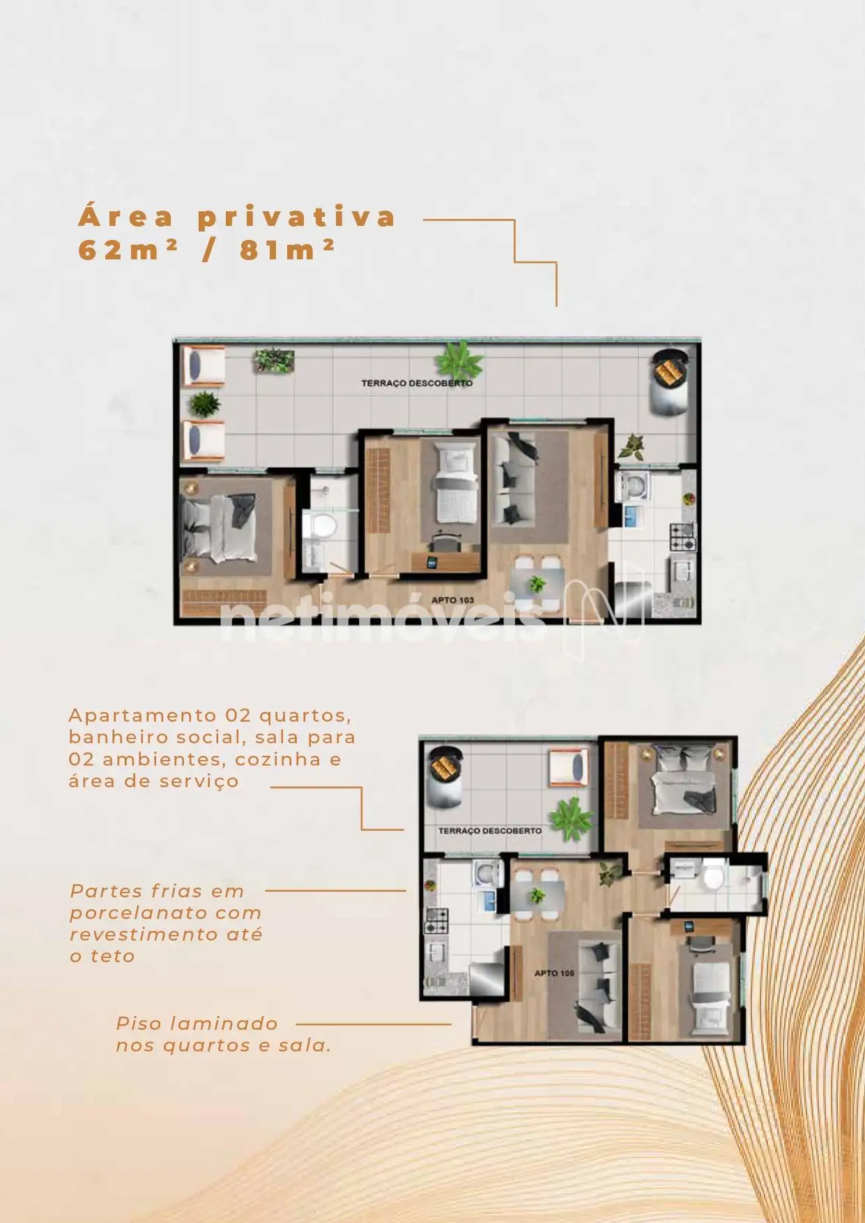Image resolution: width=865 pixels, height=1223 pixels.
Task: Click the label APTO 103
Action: [x=452, y=600]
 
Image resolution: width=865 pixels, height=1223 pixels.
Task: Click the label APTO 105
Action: [x=554, y=973]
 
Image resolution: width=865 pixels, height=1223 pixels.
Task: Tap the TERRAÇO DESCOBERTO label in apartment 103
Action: [x=417, y=383]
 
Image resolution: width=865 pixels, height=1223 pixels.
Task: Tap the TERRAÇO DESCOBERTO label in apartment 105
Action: [x=489, y=830]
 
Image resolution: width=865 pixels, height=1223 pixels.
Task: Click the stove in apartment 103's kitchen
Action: [x=682, y=538]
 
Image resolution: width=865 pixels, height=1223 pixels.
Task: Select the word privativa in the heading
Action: [x=297, y=218]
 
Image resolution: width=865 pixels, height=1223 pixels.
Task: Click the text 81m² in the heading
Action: [x=287, y=249]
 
